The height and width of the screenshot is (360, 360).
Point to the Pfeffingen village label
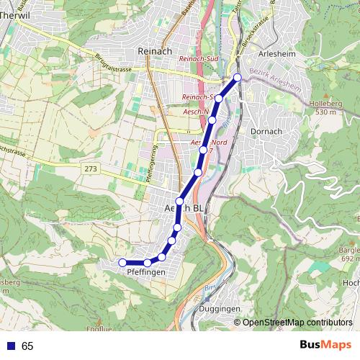(146, 273)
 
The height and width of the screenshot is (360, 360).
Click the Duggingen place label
(217, 308)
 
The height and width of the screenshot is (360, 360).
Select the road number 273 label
(90, 168)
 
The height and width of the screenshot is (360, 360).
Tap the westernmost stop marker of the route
(122, 262)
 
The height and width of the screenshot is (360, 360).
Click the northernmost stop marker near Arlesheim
(238, 77)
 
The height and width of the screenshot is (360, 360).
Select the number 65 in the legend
(27, 346)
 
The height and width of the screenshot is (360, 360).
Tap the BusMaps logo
(325, 345)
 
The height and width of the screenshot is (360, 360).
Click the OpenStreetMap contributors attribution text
(297, 322)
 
